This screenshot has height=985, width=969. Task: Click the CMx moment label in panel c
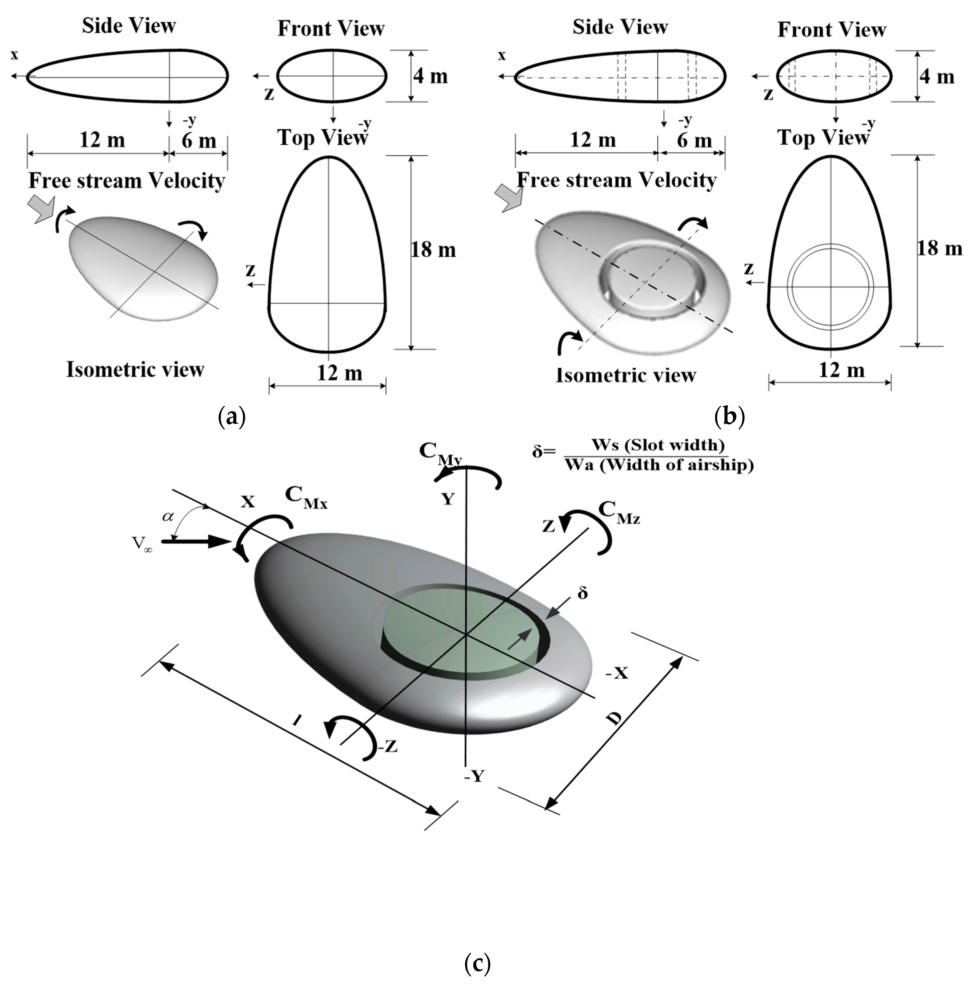coord(306,498)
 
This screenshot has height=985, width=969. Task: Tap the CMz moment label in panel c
coord(618,512)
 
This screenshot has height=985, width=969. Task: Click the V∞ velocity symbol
coord(143,544)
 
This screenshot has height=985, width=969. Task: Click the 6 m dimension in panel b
coord(694,141)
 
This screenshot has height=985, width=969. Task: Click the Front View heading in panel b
coord(832,30)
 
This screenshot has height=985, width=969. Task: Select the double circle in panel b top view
coord(831,286)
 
